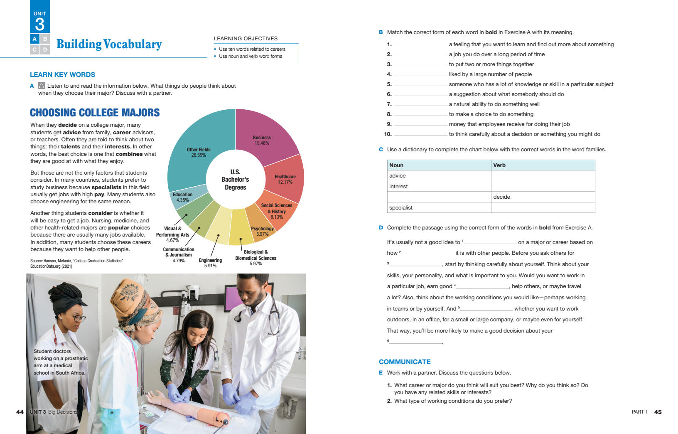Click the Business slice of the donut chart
point(266,133)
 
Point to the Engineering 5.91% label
point(210,263)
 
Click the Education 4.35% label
point(183,197)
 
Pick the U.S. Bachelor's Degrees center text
point(235,180)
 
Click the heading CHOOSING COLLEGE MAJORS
point(95,113)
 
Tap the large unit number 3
point(40,24)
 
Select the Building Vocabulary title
point(109,44)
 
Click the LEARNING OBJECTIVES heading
point(246,39)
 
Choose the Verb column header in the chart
point(499,165)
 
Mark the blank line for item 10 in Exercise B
point(420,134)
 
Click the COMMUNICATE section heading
point(405,362)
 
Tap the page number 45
point(658,412)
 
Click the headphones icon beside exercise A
point(42,86)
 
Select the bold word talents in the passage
point(70,147)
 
